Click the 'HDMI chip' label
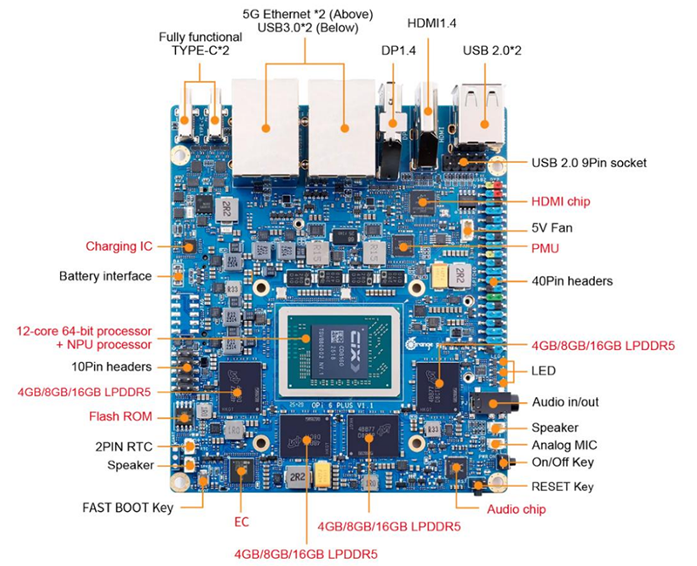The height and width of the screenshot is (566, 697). [560, 201]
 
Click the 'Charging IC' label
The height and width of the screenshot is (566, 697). [118, 246]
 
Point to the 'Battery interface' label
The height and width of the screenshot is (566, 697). [105, 276]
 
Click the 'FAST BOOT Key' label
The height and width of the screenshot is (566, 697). [127, 506]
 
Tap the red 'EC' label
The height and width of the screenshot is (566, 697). [242, 522]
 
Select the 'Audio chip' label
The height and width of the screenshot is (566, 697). [516, 509]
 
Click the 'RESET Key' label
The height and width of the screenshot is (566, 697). [563, 486]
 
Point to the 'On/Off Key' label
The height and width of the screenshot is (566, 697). [563, 462]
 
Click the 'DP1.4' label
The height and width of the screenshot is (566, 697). [399, 51]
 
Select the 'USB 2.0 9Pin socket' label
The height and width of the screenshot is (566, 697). [589, 162]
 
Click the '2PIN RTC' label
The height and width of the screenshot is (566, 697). [125, 446]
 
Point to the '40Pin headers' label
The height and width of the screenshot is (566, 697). [572, 281]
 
